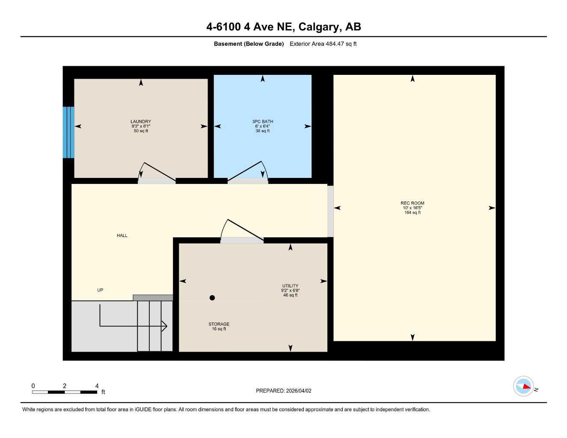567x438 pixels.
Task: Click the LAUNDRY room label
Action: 141,121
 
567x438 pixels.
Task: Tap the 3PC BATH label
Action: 262,121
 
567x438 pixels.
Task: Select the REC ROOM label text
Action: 412,203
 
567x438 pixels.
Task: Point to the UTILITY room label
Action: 290,286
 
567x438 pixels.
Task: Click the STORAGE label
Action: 219,324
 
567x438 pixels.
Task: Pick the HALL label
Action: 122,236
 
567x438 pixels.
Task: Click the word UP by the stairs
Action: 100,290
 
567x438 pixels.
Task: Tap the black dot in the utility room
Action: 212,298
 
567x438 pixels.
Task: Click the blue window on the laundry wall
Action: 68,132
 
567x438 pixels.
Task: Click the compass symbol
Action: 523,386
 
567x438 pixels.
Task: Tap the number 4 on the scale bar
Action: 97,385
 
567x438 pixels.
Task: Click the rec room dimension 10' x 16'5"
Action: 412,208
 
